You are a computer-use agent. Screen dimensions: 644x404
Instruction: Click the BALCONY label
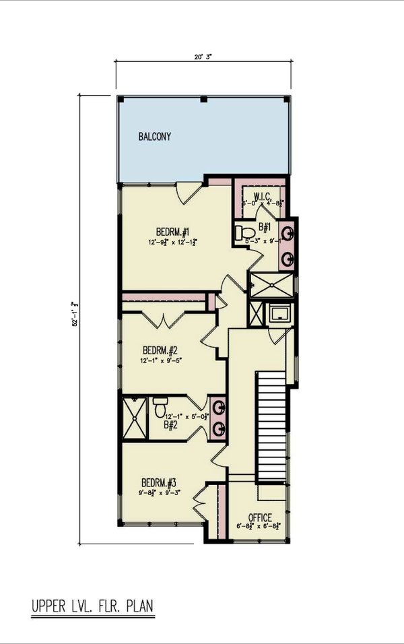pos(155,137)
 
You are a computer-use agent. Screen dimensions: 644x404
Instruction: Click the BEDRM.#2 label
pos(160,350)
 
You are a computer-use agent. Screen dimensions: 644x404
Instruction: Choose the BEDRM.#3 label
pos(159,483)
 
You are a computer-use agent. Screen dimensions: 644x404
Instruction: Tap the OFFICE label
pos(259,517)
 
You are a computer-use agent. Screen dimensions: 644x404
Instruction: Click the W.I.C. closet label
pos(262,197)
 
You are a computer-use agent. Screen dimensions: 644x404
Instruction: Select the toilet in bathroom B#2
pos(160,408)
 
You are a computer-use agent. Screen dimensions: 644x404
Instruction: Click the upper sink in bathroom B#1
pos(287,234)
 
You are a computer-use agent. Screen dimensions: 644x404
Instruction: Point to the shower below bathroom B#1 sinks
pos(271,284)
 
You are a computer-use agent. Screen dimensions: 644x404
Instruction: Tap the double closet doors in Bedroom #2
pos(164,320)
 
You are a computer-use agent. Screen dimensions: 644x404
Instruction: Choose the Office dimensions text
pos(259,527)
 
